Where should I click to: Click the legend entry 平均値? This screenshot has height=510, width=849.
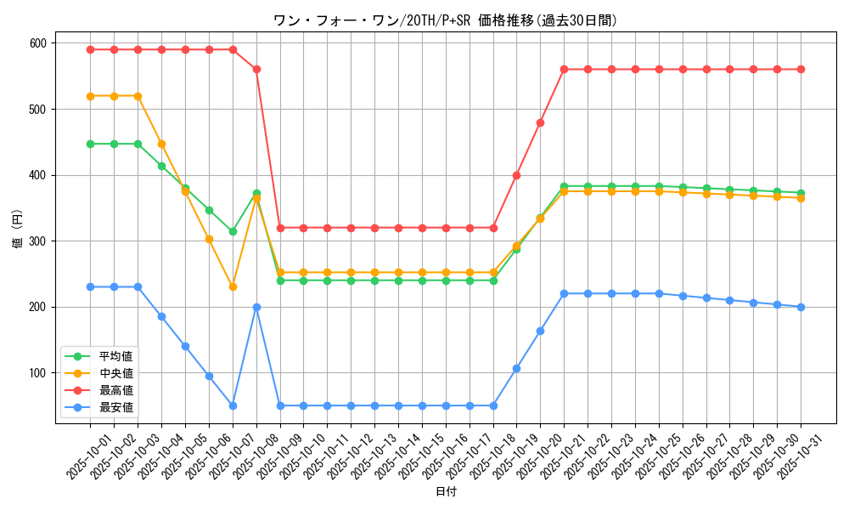[115, 356]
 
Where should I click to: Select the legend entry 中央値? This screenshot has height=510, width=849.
[115, 373]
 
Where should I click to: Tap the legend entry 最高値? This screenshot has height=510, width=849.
[115, 390]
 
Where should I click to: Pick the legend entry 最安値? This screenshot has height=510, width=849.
[115, 407]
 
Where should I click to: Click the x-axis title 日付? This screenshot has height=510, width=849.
[445, 492]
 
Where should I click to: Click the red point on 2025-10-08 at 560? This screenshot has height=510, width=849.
[256, 69]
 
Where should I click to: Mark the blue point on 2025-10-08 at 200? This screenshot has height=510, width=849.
[256, 307]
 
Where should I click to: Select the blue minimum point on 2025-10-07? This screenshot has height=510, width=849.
[233, 405]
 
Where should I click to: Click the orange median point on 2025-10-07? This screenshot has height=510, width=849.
[233, 286]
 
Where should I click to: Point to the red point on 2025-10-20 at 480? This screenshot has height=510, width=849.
[540, 122]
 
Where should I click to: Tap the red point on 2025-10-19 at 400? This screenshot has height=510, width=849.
[516, 175]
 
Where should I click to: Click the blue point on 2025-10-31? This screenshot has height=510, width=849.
[801, 307]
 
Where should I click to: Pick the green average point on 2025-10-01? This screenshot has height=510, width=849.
[90, 144]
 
